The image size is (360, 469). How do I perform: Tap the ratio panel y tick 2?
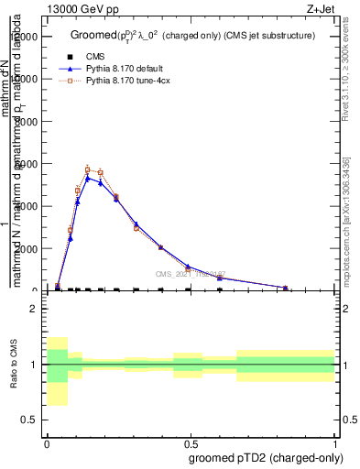tap(34, 309)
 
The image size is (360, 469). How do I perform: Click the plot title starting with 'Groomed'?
tap(192, 35)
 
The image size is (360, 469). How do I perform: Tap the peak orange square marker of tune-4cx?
tap(88, 169)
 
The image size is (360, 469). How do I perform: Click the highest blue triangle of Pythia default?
tap(88, 178)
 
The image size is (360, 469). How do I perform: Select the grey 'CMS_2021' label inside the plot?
tap(190, 273)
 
